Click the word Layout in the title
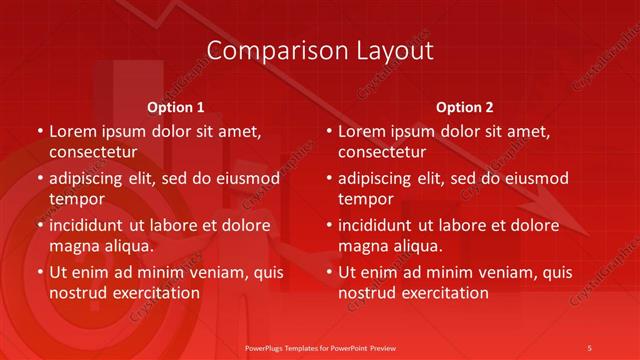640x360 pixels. [x=396, y=51]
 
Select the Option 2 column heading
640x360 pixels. [x=465, y=107]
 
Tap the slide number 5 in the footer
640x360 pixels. [x=589, y=347]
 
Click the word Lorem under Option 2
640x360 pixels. [x=361, y=131]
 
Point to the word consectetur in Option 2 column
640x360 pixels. [x=382, y=152]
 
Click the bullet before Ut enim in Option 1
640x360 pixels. [x=39, y=272]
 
